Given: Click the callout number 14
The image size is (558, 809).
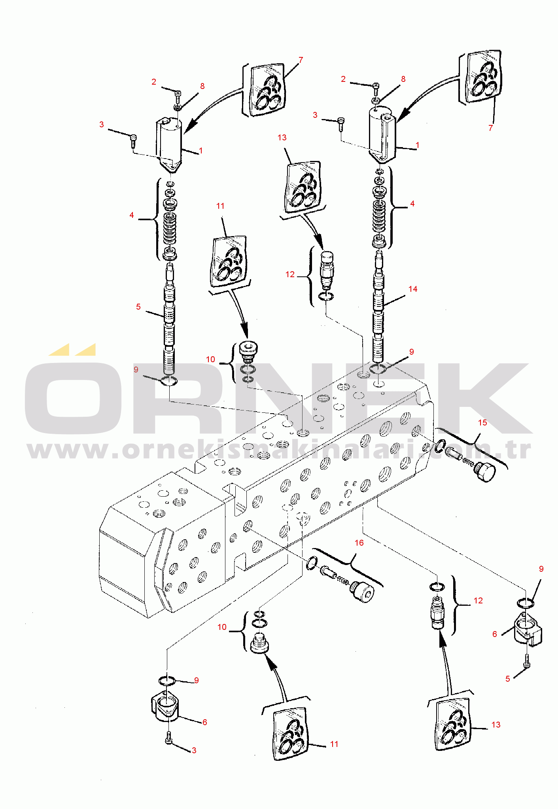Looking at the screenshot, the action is click(x=413, y=289).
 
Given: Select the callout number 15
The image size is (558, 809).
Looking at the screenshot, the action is click(x=482, y=423).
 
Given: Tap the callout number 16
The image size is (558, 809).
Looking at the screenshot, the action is click(x=359, y=543).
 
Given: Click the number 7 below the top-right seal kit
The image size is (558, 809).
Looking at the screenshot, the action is click(x=491, y=128).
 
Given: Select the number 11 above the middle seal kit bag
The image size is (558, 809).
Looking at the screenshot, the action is click(x=220, y=206).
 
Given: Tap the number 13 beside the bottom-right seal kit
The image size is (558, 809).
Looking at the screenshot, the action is click(x=496, y=725).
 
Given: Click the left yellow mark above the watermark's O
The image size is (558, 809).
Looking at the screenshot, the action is click(x=59, y=350).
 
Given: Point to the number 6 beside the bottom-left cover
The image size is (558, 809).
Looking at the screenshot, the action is click(x=205, y=722).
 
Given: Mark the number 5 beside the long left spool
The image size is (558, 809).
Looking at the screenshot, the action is click(x=138, y=307).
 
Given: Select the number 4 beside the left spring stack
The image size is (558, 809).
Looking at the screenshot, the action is click(x=132, y=215).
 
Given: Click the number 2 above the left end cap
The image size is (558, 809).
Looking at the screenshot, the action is click(x=154, y=82).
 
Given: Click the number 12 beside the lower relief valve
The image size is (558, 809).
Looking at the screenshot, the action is click(x=479, y=601).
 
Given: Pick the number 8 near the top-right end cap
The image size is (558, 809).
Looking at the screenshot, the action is click(x=403, y=79).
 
